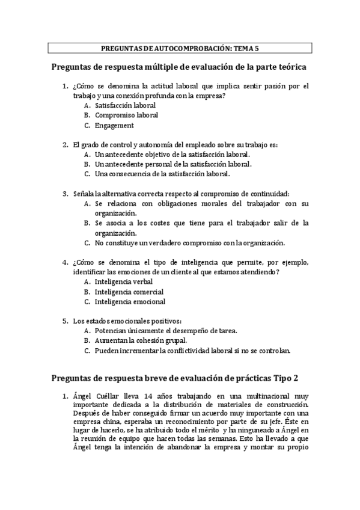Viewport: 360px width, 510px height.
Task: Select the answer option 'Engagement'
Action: coord(114,126)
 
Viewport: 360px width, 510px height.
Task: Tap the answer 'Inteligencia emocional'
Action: coord(130,301)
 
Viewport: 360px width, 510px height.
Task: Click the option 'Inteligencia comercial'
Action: coord(129,291)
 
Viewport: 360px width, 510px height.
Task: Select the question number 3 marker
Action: coord(65,194)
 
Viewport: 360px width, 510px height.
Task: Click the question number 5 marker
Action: coord(65,320)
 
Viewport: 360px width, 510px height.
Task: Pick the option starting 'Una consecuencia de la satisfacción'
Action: coord(162,174)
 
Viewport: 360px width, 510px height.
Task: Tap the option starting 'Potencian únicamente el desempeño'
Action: coord(166,330)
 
